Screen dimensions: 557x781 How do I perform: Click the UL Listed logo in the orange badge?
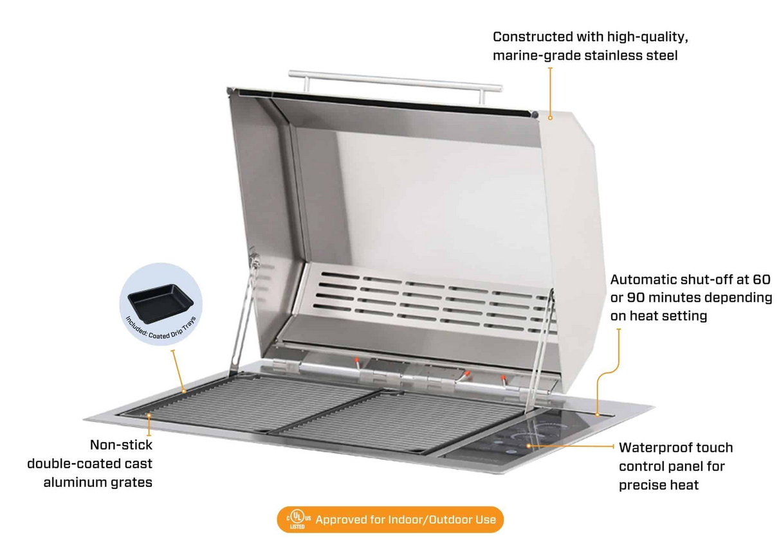297,519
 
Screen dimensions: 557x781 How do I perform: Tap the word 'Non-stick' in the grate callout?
121,445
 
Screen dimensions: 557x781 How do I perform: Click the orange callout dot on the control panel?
529,445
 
